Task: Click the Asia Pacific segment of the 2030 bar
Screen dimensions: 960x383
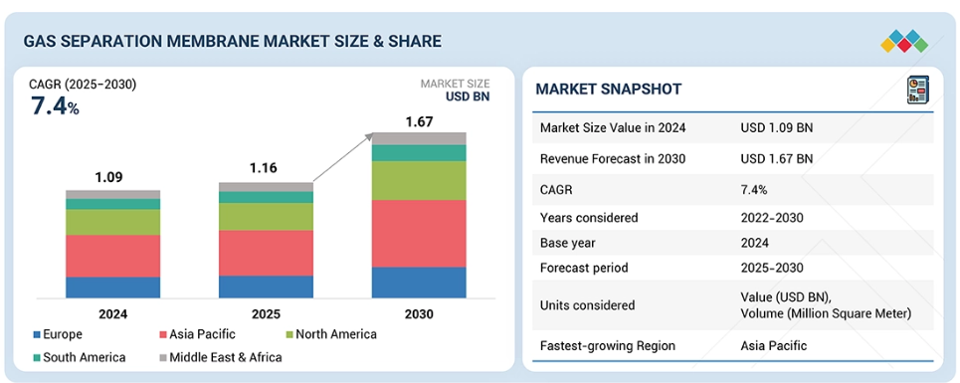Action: click(x=419, y=233)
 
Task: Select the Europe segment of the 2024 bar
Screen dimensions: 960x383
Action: click(x=112, y=287)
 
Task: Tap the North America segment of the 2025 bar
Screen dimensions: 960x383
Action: click(x=266, y=217)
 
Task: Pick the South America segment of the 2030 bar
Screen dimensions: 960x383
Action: click(x=419, y=153)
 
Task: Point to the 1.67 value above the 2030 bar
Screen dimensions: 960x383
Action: click(x=419, y=121)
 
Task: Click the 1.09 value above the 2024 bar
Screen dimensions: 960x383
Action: click(x=109, y=177)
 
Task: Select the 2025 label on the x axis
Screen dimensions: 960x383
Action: click(x=266, y=314)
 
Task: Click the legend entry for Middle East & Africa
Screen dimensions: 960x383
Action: click(x=221, y=357)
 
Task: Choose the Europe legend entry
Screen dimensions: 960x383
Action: click(x=58, y=334)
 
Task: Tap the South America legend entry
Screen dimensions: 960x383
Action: click(x=79, y=357)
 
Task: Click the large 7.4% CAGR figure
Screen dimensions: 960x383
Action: click(x=55, y=106)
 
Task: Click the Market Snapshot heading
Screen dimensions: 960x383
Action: click(x=608, y=90)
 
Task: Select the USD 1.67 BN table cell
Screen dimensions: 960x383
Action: click(x=776, y=159)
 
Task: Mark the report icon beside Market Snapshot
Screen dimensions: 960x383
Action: click(x=918, y=90)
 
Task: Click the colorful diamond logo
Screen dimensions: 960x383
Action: click(x=904, y=41)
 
